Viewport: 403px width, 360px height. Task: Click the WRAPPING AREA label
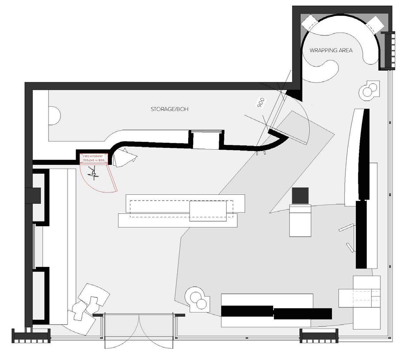[x=331, y=50]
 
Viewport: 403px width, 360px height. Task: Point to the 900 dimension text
[x=261, y=104]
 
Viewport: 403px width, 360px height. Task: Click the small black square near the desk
[x=301, y=195]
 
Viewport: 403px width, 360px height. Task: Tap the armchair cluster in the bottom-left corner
[x=88, y=303]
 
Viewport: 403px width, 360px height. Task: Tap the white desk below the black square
[x=301, y=220]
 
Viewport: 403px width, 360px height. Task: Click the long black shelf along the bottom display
[x=276, y=312]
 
